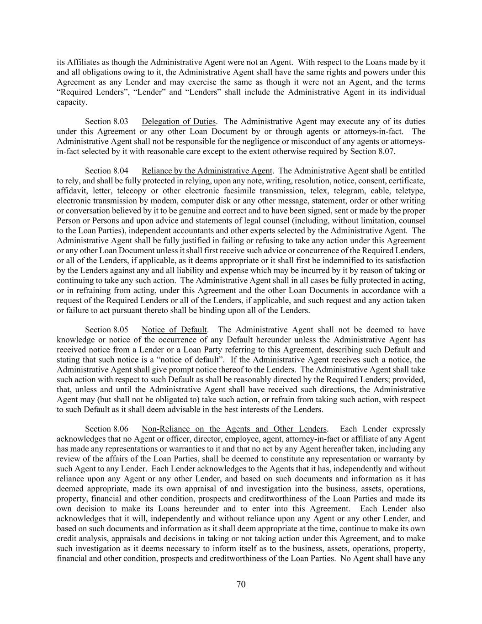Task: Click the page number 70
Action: point(241,584)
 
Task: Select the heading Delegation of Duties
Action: point(178,122)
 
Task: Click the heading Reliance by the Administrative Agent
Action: point(207,171)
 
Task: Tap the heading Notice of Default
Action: point(175,330)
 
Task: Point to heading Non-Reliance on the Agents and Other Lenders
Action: point(234,429)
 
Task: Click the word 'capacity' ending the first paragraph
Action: point(71,102)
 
